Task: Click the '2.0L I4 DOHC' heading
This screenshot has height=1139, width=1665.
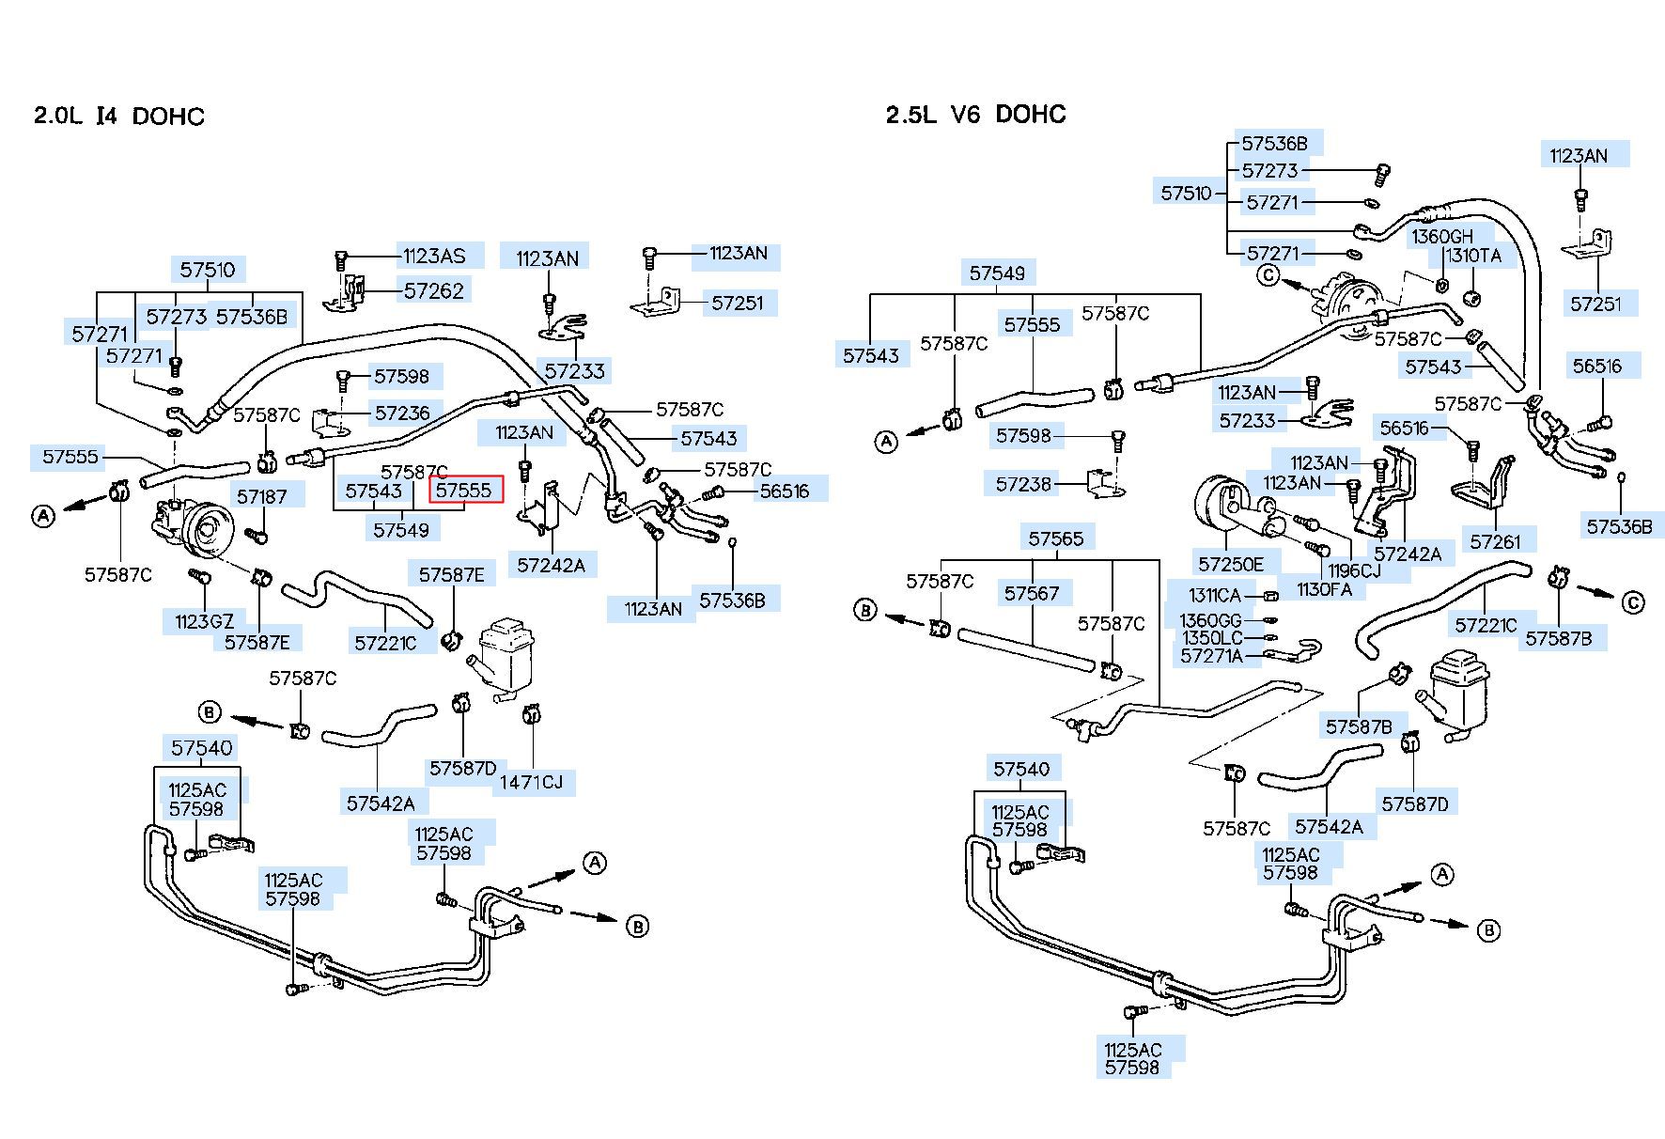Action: pyautogui.click(x=119, y=117)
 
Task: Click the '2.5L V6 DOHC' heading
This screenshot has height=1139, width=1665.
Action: pyautogui.click(x=975, y=115)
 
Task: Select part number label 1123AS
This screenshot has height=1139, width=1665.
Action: pyautogui.click(x=434, y=255)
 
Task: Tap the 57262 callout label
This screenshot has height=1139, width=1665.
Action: pyautogui.click(x=434, y=290)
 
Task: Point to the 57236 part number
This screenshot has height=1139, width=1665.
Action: pyautogui.click(x=402, y=413)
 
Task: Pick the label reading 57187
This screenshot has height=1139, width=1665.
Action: pyautogui.click(x=262, y=496)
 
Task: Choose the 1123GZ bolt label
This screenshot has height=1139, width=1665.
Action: pyautogui.click(x=204, y=621)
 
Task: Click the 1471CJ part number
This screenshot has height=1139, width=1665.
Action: pyautogui.click(x=531, y=782)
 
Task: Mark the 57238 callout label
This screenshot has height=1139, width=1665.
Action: pyautogui.click(x=1024, y=483)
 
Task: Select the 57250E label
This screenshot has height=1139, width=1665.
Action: pyautogui.click(x=1231, y=564)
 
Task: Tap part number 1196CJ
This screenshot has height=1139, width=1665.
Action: pyautogui.click(x=1354, y=570)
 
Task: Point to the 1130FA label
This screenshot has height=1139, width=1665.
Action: pyautogui.click(x=1324, y=589)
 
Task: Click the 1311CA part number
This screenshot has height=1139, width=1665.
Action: pyautogui.click(x=1215, y=595)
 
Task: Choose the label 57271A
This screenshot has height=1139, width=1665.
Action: pyautogui.click(x=1211, y=656)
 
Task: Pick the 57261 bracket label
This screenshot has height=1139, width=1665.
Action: pyautogui.click(x=1495, y=541)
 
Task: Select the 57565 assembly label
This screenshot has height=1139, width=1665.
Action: pyautogui.click(x=1056, y=538)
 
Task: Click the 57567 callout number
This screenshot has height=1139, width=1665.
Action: pyautogui.click(x=1032, y=593)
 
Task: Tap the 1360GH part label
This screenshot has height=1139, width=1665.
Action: pyautogui.click(x=1442, y=237)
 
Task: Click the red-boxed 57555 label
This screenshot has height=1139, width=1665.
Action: pyautogui.click(x=464, y=490)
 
